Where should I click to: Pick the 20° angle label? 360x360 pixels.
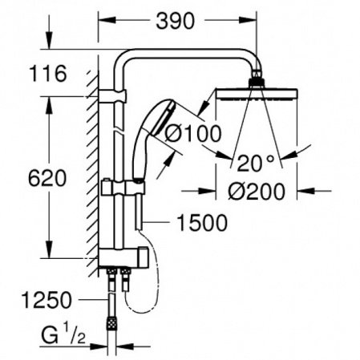tap(255, 164)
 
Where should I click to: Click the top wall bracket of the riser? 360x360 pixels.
tap(112, 98)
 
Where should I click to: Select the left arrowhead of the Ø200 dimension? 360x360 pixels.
tap(208, 191)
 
